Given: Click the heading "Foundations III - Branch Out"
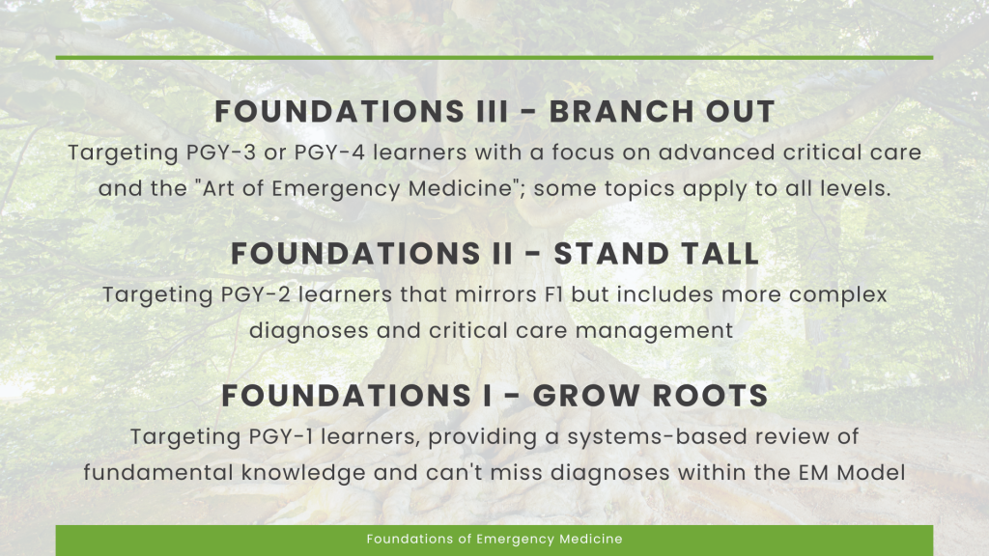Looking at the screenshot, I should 494,112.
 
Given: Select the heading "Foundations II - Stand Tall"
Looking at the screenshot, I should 494,254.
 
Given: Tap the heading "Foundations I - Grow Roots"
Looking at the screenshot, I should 494,396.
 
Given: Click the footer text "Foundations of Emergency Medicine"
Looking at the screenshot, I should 494,540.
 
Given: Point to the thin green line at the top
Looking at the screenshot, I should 494,58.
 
